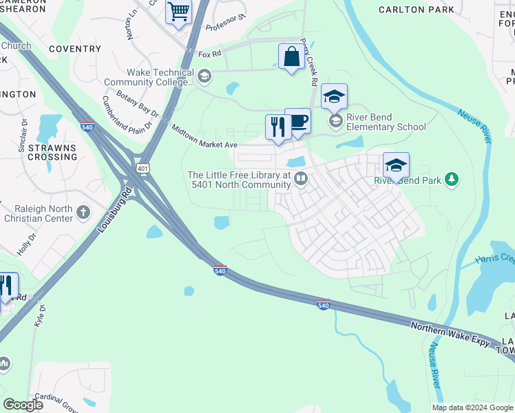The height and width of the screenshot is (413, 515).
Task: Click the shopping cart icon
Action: coord(178,12)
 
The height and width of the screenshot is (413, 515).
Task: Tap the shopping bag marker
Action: coord(291,56)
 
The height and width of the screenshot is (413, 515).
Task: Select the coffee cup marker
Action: coord(297,122)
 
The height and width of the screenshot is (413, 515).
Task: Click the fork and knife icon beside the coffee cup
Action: coord(278,127)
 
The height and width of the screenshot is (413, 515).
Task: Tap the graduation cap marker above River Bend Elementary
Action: coord(334,96)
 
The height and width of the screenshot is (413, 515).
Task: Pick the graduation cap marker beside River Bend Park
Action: coord(396,165)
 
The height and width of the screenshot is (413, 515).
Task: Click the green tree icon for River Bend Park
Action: coord(452,180)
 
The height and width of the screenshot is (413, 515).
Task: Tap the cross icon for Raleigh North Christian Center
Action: coord(83,212)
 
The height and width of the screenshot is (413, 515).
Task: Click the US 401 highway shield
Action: coord(143,167)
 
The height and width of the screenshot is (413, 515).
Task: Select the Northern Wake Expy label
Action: coord(450,334)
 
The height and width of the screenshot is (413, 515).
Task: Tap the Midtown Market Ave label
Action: coord(204,137)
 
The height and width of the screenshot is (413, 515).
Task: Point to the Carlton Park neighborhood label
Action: coord(417,10)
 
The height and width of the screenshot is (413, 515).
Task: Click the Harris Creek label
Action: coord(494,259)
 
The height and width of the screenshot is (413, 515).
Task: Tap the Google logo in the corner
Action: coord(23,405)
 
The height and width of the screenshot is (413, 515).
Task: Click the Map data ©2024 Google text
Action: coord(473,407)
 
